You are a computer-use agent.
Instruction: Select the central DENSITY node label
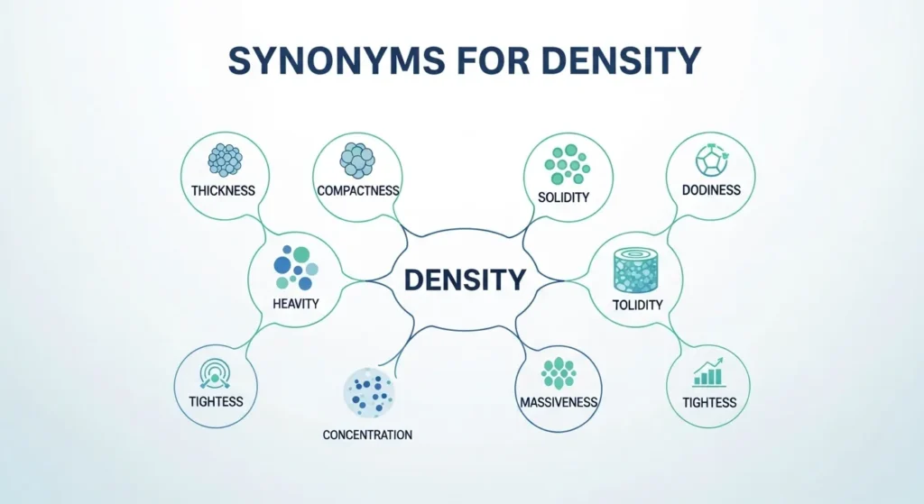click(x=465, y=279)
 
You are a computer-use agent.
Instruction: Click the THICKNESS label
click(x=223, y=191)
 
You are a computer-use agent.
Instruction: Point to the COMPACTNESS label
click(x=358, y=191)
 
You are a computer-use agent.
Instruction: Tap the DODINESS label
click(x=711, y=190)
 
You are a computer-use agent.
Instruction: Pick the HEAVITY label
click(x=295, y=304)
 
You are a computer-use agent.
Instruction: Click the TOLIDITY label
click(x=638, y=305)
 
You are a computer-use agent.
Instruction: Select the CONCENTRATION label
click(x=367, y=435)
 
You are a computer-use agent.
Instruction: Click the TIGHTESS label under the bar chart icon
click(x=709, y=402)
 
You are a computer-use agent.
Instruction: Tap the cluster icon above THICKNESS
click(x=224, y=160)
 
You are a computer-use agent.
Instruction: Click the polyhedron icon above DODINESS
click(x=711, y=159)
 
